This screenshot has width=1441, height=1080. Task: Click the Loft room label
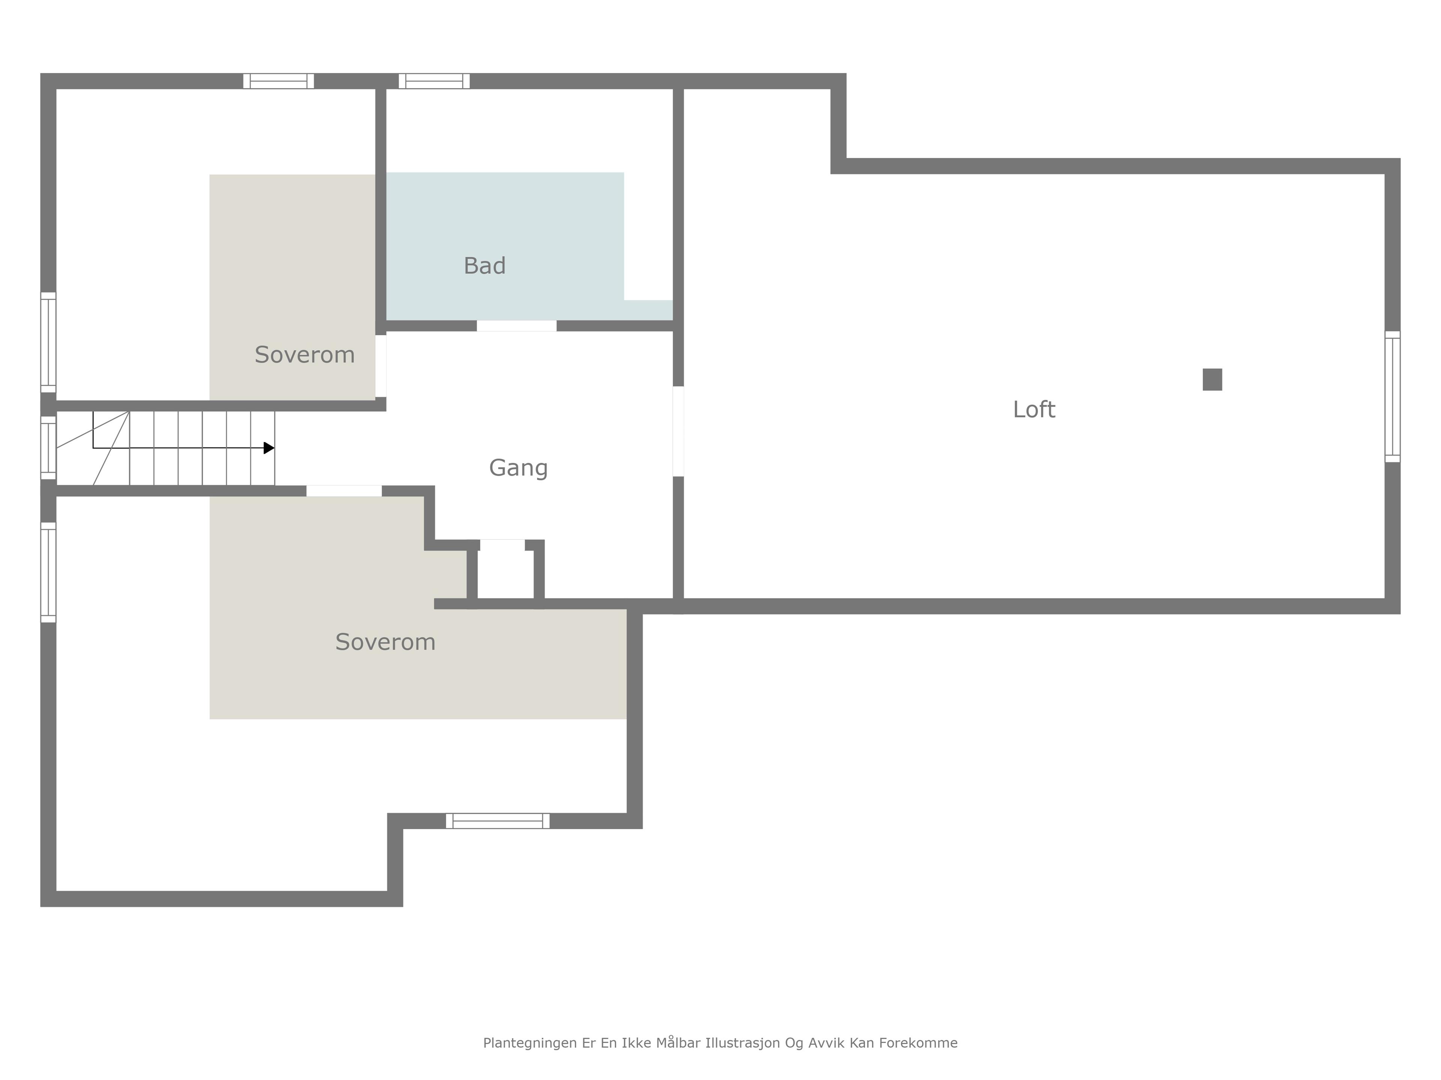point(1034,409)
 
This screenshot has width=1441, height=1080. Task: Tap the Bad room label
point(485,265)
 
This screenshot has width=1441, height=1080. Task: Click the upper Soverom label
point(305,355)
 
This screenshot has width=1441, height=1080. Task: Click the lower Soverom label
point(386,642)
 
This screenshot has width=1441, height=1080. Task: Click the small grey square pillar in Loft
point(1212,379)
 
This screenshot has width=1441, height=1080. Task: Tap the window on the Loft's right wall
point(1392,396)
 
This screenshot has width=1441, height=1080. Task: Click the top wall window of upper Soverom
point(279,81)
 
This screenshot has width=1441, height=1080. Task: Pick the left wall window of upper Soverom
point(48,342)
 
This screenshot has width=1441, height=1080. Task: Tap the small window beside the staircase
point(48,448)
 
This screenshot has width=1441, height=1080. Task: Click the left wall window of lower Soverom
point(48,572)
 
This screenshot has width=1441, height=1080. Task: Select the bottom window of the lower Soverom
point(498,821)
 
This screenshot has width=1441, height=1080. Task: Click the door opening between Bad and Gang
point(517,325)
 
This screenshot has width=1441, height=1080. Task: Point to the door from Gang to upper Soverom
point(381,366)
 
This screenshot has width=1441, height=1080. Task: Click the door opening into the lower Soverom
point(344,491)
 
